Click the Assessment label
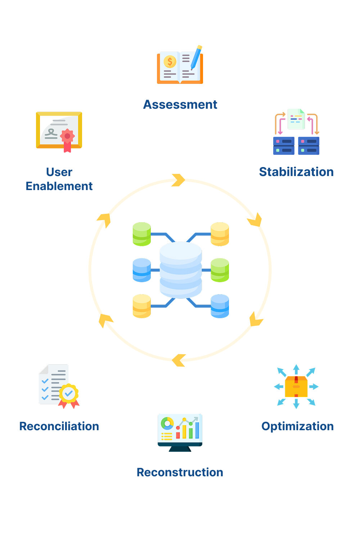click(x=180, y=104)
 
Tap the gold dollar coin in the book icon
click(x=170, y=62)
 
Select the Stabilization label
click(x=296, y=172)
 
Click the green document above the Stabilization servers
click(x=296, y=119)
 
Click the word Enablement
click(x=59, y=186)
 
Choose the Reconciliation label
click(x=59, y=426)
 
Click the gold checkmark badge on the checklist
click(x=69, y=393)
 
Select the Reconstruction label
click(x=180, y=472)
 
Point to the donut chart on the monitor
click(x=167, y=423)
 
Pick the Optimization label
click(x=297, y=426)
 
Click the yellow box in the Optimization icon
click(x=296, y=387)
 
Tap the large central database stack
click(x=181, y=270)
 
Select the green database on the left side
click(x=142, y=234)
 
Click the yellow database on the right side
click(x=220, y=234)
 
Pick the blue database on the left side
click(x=142, y=270)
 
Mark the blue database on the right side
click(x=220, y=306)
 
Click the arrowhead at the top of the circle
click(x=178, y=180)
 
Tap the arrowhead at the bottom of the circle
click(x=179, y=360)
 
